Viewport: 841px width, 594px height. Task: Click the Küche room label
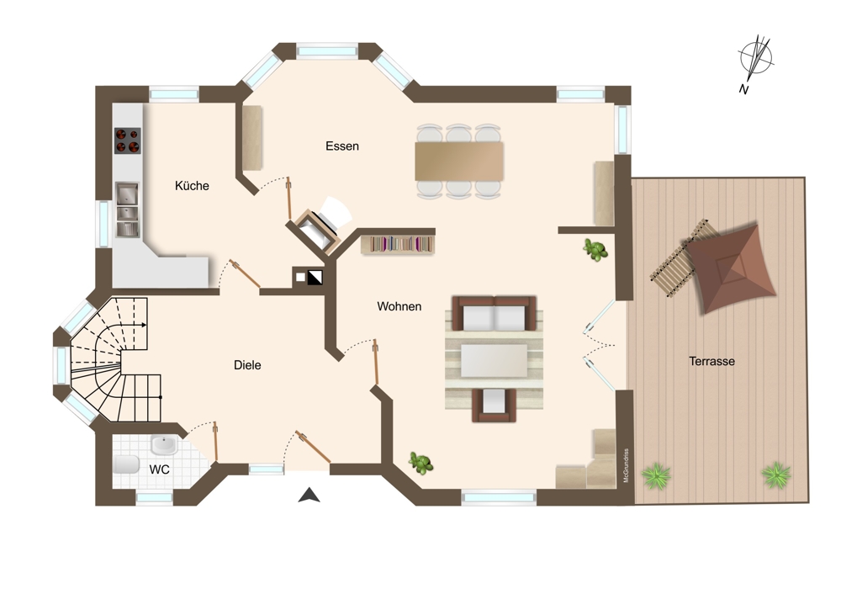192,186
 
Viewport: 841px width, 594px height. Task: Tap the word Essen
342,146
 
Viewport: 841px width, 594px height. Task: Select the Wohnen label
399,306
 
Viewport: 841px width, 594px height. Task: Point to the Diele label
247,365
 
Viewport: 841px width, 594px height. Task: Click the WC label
159,469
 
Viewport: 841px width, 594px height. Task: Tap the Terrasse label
711,361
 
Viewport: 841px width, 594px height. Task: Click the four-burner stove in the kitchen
127,141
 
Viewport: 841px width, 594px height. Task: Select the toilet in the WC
126,464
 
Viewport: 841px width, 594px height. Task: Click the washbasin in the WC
165,444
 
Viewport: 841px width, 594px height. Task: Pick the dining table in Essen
459,161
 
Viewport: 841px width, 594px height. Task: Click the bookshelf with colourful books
398,245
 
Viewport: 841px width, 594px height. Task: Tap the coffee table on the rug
495,361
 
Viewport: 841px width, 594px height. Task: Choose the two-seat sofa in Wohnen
494,313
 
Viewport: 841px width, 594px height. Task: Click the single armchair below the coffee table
494,405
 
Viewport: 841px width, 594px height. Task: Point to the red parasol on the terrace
732,268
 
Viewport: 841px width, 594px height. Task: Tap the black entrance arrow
309,496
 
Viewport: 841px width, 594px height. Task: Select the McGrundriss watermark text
626,465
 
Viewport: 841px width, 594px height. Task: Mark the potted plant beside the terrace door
595,250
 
